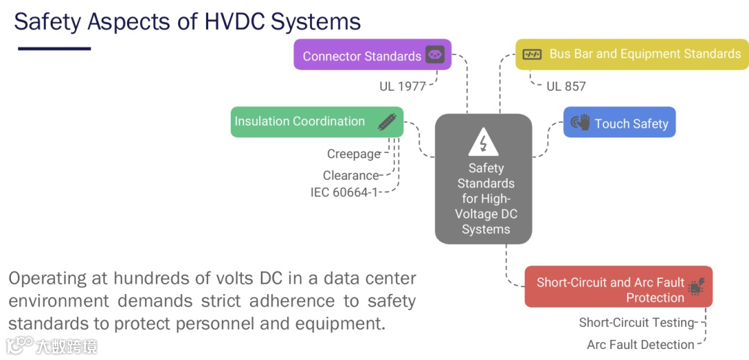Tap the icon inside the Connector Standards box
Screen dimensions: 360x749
click(x=435, y=55)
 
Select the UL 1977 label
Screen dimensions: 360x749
click(x=402, y=86)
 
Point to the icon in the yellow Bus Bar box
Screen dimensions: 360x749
click(x=532, y=54)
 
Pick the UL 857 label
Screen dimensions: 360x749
click(x=566, y=87)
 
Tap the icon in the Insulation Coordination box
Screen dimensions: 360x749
click(x=387, y=122)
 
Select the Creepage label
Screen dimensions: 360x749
click(x=354, y=154)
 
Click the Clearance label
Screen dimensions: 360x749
click(x=351, y=175)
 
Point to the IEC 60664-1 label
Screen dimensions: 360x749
click(x=344, y=192)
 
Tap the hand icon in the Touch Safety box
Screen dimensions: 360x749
click(x=580, y=123)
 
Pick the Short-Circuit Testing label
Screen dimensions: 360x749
click(x=637, y=323)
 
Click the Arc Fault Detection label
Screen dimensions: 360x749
click(x=640, y=345)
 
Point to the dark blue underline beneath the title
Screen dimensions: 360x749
click(x=54, y=49)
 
